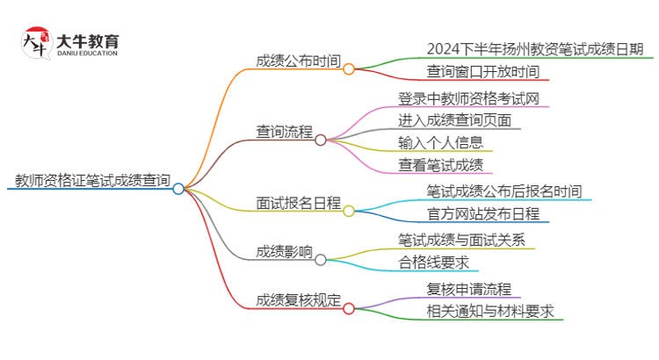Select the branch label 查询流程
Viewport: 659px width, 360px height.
pyautogui.click(x=284, y=132)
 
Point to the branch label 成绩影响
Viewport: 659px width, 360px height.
pyautogui.click(x=284, y=252)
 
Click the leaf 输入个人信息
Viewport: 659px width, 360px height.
pyautogui.click(x=440, y=142)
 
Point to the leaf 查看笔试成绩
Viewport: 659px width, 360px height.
pyautogui.click(x=440, y=164)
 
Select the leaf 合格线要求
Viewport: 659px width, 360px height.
pyautogui.click(x=434, y=262)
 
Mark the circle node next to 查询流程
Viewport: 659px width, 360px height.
pyautogui.click(x=321, y=139)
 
